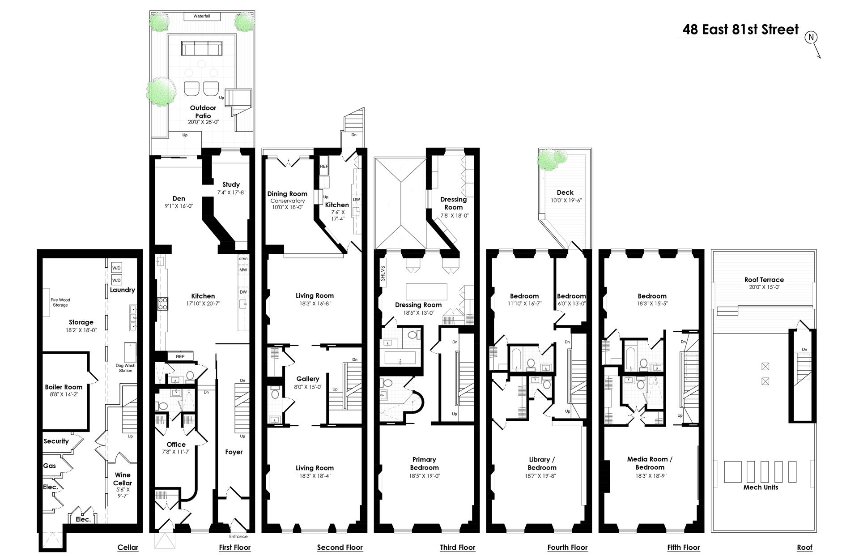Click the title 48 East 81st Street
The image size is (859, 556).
tap(740, 30)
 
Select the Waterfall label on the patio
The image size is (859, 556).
tap(201, 16)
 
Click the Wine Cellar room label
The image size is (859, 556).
tap(122, 479)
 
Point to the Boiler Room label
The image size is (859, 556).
tap(64, 387)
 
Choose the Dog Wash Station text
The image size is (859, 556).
tap(125, 368)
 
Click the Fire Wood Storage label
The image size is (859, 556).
tap(60, 303)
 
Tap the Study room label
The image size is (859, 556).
tap(231, 184)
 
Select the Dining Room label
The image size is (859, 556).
tap(287, 194)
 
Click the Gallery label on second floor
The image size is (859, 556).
tap(308, 379)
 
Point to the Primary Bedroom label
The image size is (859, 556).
tap(424, 463)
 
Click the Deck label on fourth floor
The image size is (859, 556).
tap(566, 192)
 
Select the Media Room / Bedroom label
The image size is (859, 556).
tap(650, 463)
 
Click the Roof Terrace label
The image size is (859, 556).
tap(764, 280)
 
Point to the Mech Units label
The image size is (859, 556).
tap(761, 487)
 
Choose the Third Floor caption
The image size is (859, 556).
tap(457, 547)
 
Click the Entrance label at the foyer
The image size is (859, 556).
tap(238, 536)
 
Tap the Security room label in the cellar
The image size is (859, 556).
tap(56, 441)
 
